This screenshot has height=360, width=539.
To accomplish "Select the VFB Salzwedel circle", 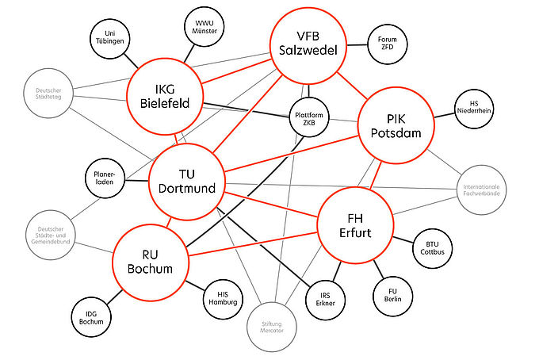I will (x=308, y=44).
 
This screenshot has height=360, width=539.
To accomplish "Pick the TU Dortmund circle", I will (x=187, y=181).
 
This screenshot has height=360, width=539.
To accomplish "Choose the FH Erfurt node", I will (x=355, y=224).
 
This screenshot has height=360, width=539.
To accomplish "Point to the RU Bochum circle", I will (x=151, y=261).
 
